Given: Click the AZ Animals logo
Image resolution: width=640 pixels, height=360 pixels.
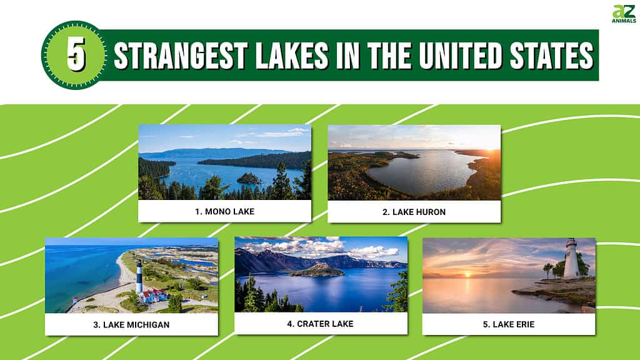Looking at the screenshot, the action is coord(624,14).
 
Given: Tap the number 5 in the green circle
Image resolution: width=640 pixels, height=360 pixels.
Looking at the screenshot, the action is coord(76,55).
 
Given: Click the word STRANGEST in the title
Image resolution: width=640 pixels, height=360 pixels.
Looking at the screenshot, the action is coord(181,55).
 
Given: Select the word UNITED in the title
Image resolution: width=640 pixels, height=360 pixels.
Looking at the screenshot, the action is coord(460,55).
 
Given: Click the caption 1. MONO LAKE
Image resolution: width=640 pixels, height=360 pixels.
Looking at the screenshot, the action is coord(224,211).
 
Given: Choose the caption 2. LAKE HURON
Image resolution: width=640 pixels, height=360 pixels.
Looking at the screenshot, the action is coord(414,212).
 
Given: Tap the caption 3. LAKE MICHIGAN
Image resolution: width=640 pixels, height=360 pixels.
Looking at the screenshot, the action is coord(131,325).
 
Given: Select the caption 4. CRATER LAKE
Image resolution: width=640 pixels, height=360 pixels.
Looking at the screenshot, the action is coord(320,324).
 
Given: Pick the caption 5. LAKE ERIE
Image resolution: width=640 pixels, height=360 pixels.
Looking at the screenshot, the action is coord(509,324).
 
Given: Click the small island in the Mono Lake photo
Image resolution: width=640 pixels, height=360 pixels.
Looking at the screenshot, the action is coord(249,179).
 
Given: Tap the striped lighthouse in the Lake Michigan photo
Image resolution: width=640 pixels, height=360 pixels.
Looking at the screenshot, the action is coord(139,277).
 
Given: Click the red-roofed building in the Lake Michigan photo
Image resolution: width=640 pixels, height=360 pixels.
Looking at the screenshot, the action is coord(153,295).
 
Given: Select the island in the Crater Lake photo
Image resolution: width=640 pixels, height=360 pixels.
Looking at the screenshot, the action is coord(317,270).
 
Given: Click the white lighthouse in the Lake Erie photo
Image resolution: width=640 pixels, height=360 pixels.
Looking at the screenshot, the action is coord(571,259).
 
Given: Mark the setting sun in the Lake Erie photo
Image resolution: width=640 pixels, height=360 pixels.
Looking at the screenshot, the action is coord(467,275).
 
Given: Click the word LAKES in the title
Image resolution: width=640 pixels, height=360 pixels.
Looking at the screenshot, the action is coord(292,55).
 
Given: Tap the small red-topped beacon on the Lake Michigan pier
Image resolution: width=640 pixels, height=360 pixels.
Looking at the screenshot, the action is coord(74,301).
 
